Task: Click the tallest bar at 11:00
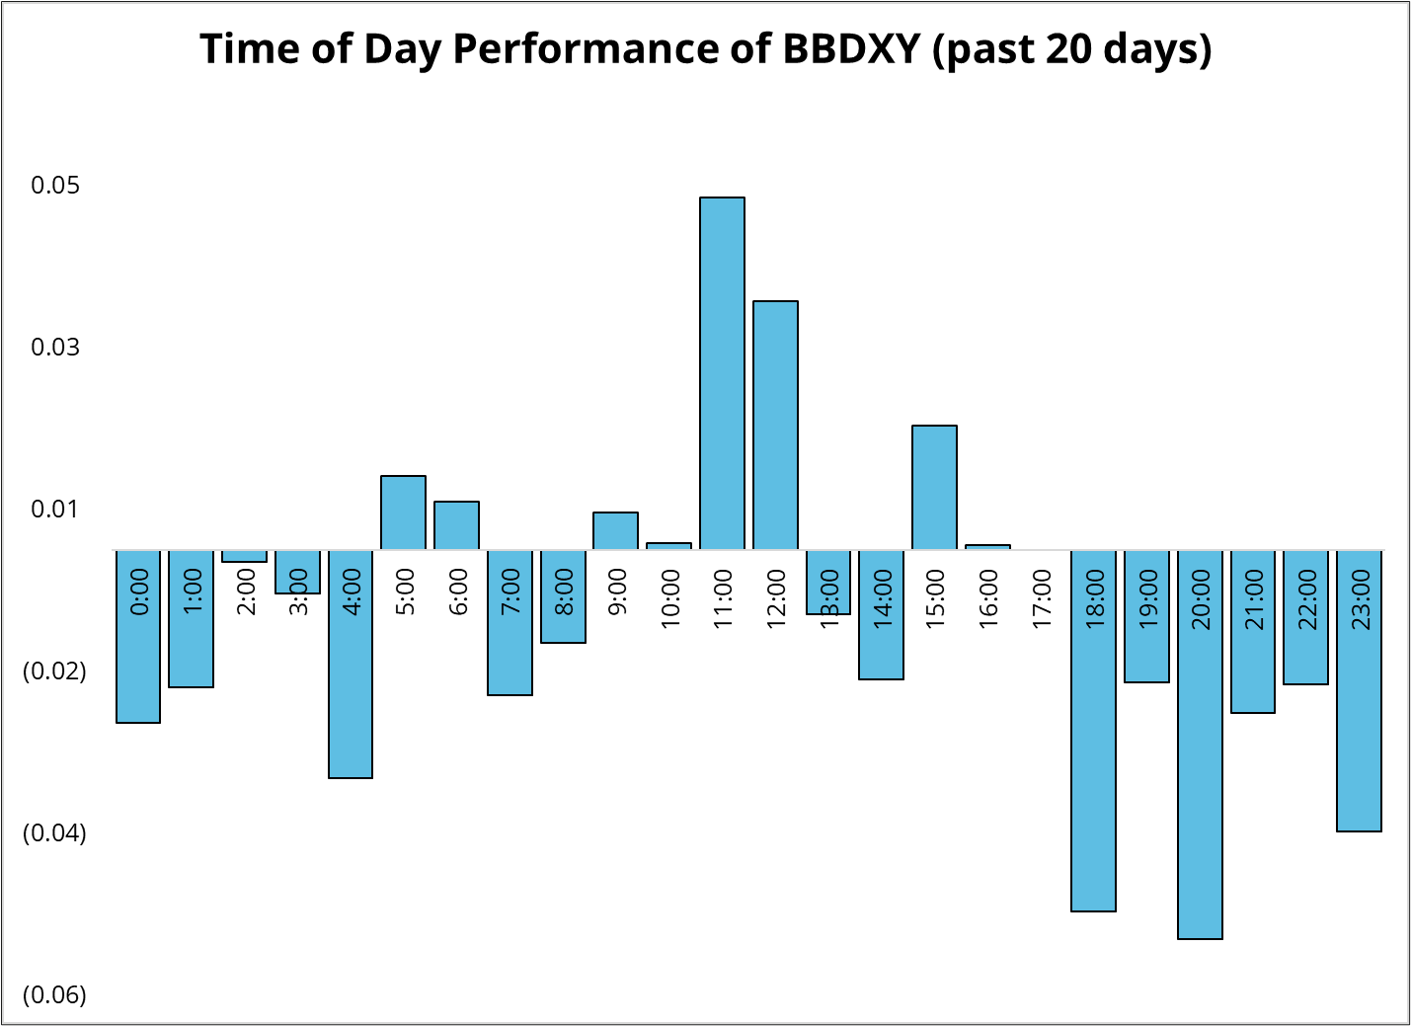(722, 373)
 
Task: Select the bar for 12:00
(775, 426)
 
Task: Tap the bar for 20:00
(1200, 745)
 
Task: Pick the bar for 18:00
(1093, 731)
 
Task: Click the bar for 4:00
(351, 665)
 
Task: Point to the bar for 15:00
(935, 488)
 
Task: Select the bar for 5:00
(403, 513)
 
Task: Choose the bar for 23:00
(1360, 691)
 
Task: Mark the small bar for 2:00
(244, 556)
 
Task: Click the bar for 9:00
(615, 531)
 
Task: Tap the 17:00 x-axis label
(1042, 598)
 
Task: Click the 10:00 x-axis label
(670, 598)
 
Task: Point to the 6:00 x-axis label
(458, 592)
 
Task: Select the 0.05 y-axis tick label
(55, 186)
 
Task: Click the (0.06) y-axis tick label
(54, 995)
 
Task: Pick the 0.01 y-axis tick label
(55, 509)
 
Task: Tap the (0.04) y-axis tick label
(54, 833)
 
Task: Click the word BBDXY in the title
(852, 48)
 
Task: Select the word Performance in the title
(586, 48)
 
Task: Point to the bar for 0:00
(138, 637)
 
